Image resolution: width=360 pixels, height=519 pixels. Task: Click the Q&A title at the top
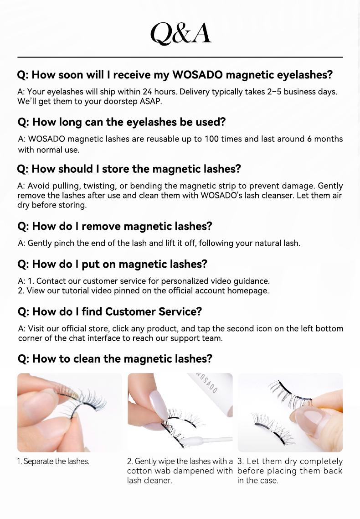click(x=180, y=33)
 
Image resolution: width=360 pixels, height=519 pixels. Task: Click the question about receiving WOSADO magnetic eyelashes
click(x=175, y=75)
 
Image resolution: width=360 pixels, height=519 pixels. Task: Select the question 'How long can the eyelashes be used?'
click(x=122, y=122)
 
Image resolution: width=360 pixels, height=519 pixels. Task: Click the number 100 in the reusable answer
click(x=211, y=139)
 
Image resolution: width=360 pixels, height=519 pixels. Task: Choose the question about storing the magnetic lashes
click(x=129, y=169)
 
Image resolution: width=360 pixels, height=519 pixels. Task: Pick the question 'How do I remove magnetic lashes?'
click(x=115, y=226)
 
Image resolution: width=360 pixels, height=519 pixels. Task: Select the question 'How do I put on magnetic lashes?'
click(x=112, y=264)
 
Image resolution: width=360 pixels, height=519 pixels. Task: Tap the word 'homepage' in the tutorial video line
click(x=251, y=290)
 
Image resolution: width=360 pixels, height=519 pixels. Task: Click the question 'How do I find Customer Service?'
click(x=109, y=311)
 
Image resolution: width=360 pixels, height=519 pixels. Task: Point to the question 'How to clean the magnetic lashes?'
click(x=115, y=359)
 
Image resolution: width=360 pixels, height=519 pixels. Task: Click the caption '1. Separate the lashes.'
click(x=53, y=462)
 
